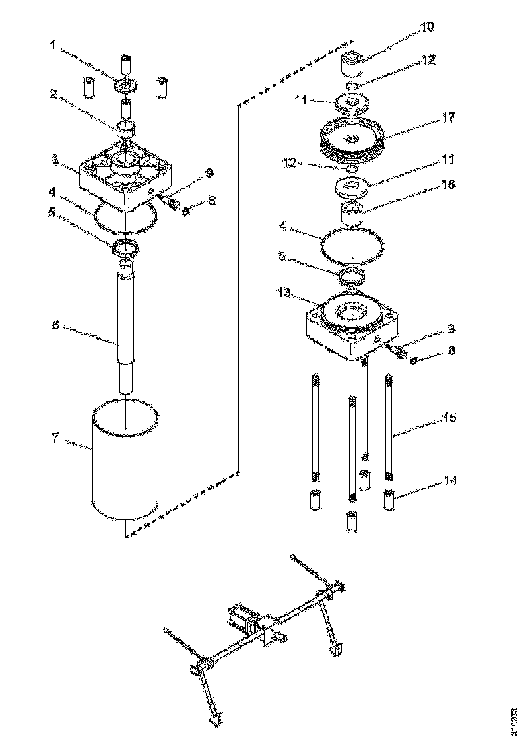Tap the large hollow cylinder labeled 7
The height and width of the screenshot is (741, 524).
click(127, 465)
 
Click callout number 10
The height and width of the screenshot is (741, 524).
click(427, 28)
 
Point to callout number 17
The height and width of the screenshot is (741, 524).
click(447, 117)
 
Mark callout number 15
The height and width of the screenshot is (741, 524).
click(449, 418)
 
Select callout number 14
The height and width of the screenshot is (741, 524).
click(449, 481)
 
